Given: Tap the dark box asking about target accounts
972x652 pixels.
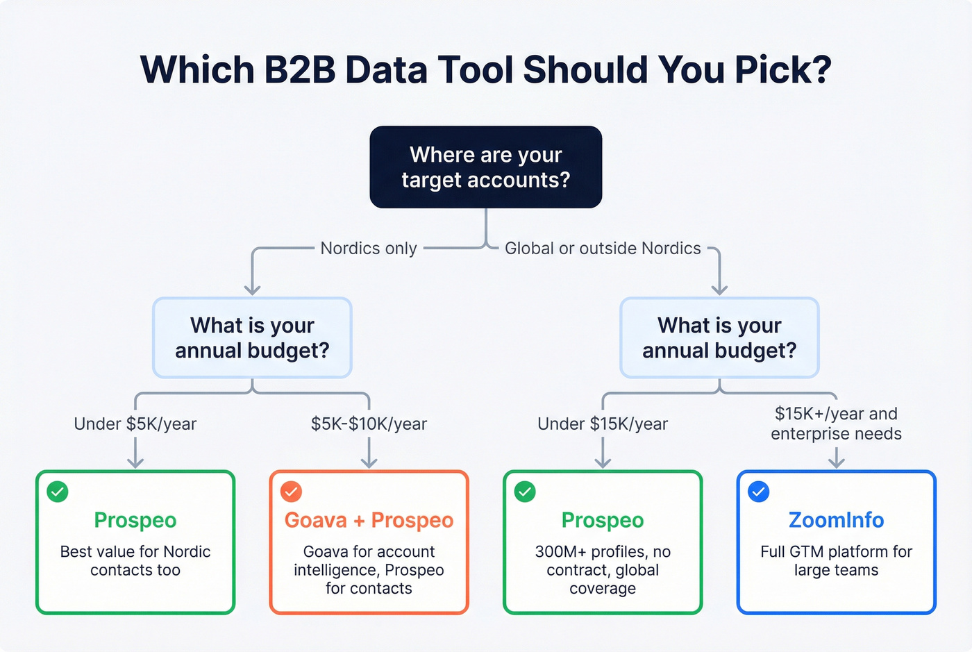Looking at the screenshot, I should click(485, 167).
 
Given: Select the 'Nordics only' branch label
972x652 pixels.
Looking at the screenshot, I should click(368, 249).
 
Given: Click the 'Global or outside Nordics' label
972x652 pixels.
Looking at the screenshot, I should click(603, 249).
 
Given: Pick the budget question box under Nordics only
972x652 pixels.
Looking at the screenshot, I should click(252, 337).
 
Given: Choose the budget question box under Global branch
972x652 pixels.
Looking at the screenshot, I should click(719, 337).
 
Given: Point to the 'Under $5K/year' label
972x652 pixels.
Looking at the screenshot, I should click(135, 424).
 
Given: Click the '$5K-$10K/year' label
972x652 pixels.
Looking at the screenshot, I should click(369, 424).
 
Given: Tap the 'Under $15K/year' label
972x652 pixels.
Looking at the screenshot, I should click(603, 424).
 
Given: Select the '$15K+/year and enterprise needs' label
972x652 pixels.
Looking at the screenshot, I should click(836, 424).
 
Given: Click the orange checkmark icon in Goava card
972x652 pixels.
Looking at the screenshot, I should click(291, 492).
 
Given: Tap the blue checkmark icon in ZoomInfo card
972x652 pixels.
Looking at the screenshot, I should click(758, 492).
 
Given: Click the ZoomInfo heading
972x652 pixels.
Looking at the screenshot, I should click(836, 520).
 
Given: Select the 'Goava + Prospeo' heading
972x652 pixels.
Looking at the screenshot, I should click(369, 520).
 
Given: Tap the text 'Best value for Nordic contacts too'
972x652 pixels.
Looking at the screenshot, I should click(135, 561).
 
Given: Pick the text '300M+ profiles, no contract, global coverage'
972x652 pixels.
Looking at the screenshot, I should click(603, 570).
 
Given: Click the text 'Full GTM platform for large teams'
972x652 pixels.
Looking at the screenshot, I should click(836, 561).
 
